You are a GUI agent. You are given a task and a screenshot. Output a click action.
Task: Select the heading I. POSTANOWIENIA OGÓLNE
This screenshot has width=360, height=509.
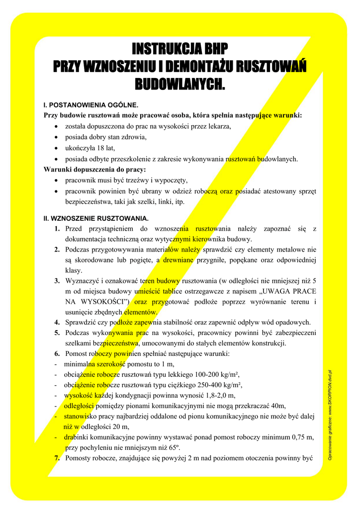[x=91, y=105]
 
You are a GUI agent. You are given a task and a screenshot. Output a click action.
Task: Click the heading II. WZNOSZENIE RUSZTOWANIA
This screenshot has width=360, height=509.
[x=96, y=218]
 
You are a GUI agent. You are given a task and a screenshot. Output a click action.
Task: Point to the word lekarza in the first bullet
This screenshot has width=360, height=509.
[x=221, y=126]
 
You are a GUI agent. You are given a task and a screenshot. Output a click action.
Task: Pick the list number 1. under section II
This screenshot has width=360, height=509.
[x=58, y=229]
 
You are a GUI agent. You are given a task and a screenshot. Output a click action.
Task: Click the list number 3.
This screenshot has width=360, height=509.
[x=58, y=281]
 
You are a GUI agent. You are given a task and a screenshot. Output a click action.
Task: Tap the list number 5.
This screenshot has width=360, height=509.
[x=58, y=333]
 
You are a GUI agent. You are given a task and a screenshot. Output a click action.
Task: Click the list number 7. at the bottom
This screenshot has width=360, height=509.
[x=58, y=458]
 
